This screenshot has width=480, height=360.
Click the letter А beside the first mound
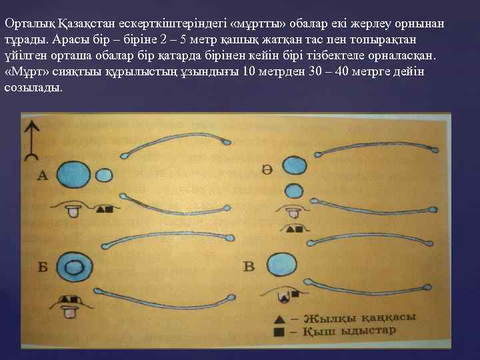point(43,176)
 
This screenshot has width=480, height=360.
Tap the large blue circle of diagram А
point(73,174)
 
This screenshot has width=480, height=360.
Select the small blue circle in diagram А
point(105,175)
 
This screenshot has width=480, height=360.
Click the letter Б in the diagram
point(43,268)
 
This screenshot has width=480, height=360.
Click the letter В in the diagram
point(248,267)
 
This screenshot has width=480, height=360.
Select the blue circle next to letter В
point(283,264)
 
